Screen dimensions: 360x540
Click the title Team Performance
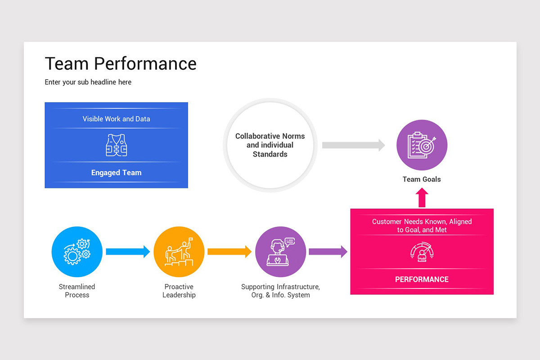click(x=121, y=64)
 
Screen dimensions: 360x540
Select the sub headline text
click(x=88, y=82)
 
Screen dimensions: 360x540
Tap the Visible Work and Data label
click(x=116, y=119)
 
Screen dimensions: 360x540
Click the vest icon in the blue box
click(x=116, y=145)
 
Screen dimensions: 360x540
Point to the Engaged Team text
click(x=116, y=173)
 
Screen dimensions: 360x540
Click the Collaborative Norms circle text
click(x=270, y=145)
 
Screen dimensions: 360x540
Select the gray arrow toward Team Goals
click(x=353, y=145)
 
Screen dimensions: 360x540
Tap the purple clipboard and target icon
click(x=422, y=145)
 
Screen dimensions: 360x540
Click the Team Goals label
click(x=422, y=179)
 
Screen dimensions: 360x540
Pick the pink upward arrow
click(x=422, y=198)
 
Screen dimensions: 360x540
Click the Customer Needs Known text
click(x=422, y=225)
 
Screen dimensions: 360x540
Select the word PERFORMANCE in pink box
click(x=422, y=279)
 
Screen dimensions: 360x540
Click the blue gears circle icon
click(x=77, y=252)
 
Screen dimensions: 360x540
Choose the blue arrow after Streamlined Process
click(x=128, y=252)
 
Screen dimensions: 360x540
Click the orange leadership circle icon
click(x=179, y=252)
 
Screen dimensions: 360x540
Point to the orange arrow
click(x=229, y=252)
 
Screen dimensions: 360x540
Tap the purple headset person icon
click(x=280, y=252)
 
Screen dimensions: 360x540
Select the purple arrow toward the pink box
click(x=328, y=252)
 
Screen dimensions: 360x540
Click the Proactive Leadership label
click(x=179, y=291)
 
